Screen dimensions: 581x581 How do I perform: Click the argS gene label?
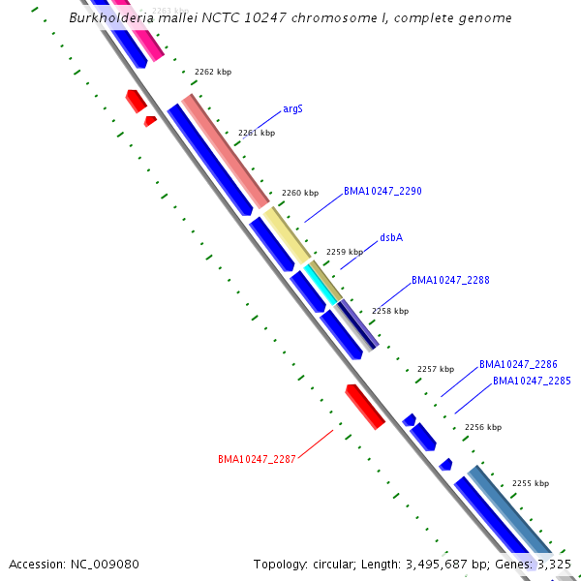(292, 108)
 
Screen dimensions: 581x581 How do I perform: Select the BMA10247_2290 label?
(382, 192)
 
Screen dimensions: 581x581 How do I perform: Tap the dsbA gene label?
(391, 237)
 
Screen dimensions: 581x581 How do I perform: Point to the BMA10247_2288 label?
(450, 280)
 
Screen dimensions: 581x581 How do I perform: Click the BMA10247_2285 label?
(532, 381)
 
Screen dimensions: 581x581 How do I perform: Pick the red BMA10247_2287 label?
(257, 459)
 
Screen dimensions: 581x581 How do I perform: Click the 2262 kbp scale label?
(213, 72)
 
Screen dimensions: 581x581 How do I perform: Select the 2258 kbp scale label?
(390, 311)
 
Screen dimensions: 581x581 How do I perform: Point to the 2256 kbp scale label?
(482, 427)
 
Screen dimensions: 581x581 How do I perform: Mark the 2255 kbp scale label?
(530, 483)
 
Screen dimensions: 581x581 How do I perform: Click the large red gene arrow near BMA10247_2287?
(365, 406)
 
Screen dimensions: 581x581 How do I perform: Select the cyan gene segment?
(321, 284)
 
